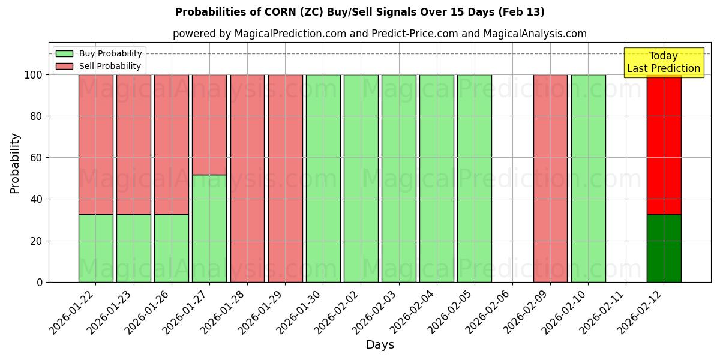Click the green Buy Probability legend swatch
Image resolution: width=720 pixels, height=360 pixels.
[64, 54]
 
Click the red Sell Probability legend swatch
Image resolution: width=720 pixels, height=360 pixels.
[64, 67]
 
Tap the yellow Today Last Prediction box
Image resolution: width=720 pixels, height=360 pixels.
[663, 62]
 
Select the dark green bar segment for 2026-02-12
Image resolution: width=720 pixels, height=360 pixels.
[664, 248]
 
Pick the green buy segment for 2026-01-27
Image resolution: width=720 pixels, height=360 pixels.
[209, 228]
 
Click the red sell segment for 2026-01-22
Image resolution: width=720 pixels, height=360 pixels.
[96, 144]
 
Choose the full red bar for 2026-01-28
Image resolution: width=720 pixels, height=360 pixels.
[247, 178]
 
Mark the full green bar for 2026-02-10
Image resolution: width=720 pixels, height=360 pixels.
[588, 178]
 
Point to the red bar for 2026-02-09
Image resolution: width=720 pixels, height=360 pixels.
[550, 178]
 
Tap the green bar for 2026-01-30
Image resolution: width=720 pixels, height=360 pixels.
[323, 178]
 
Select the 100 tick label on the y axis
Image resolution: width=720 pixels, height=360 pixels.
[34, 75]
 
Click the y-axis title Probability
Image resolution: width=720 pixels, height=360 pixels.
[15, 163]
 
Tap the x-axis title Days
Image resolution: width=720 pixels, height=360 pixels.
[380, 345]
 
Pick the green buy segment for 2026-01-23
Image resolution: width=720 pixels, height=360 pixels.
[134, 248]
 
